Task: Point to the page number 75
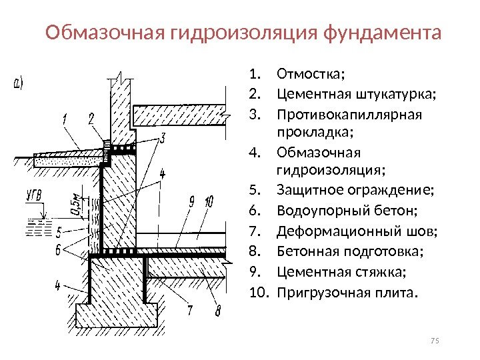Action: pos(436,342)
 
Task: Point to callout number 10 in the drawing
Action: pos(209,201)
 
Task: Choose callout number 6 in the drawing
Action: pos(58,251)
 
